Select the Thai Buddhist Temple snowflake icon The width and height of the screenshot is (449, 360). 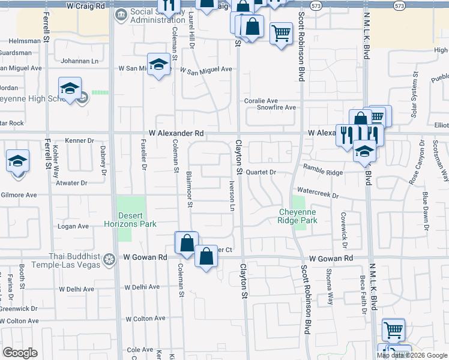coord(109,260)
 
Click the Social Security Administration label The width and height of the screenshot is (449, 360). coord(159,16)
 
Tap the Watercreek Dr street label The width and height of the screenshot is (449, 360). coord(318,196)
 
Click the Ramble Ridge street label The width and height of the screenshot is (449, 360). coord(322,172)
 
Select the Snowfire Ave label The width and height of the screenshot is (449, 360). coord(277,107)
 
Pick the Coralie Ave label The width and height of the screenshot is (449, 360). coord(259,100)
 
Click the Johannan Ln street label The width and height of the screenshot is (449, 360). coord(79,61)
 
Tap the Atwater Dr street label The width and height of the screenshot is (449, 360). coord(71,182)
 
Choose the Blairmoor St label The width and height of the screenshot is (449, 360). coord(189,188)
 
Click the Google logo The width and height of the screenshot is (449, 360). coord(20,353)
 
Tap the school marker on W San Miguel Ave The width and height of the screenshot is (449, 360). coord(158,65)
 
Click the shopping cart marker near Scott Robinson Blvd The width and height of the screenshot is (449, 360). coord(281,33)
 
